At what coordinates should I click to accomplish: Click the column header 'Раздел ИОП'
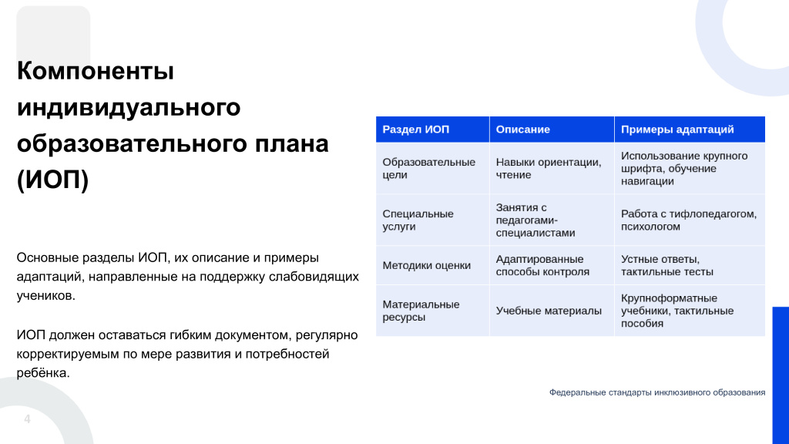coord(415,129)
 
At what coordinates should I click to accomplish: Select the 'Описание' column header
coord(523,129)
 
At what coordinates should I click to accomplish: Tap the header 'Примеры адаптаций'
coord(677,129)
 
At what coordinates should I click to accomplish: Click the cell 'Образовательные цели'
coord(428,169)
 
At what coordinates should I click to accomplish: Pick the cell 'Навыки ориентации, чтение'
coord(549,169)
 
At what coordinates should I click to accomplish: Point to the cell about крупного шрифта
coord(684,169)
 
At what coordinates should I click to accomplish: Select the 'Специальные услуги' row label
coord(418,220)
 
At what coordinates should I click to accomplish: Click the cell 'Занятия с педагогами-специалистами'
coord(536,220)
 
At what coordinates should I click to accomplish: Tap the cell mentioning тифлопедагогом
coord(689,220)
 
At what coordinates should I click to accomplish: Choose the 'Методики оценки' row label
coord(427,265)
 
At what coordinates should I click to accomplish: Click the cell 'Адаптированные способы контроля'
coord(542,265)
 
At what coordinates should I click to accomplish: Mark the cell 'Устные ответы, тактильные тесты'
coord(667,265)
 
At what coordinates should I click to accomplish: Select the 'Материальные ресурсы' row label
coord(421,311)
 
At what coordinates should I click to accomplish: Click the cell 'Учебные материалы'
coord(549,311)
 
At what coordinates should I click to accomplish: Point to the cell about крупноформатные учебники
coord(677,311)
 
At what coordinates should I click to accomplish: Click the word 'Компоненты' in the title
coord(96,70)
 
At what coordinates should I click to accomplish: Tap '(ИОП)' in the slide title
coord(53,180)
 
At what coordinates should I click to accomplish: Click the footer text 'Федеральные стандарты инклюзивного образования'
coord(657,392)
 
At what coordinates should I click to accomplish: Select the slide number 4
coord(27,419)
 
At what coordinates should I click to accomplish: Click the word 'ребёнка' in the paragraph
coord(43,373)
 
